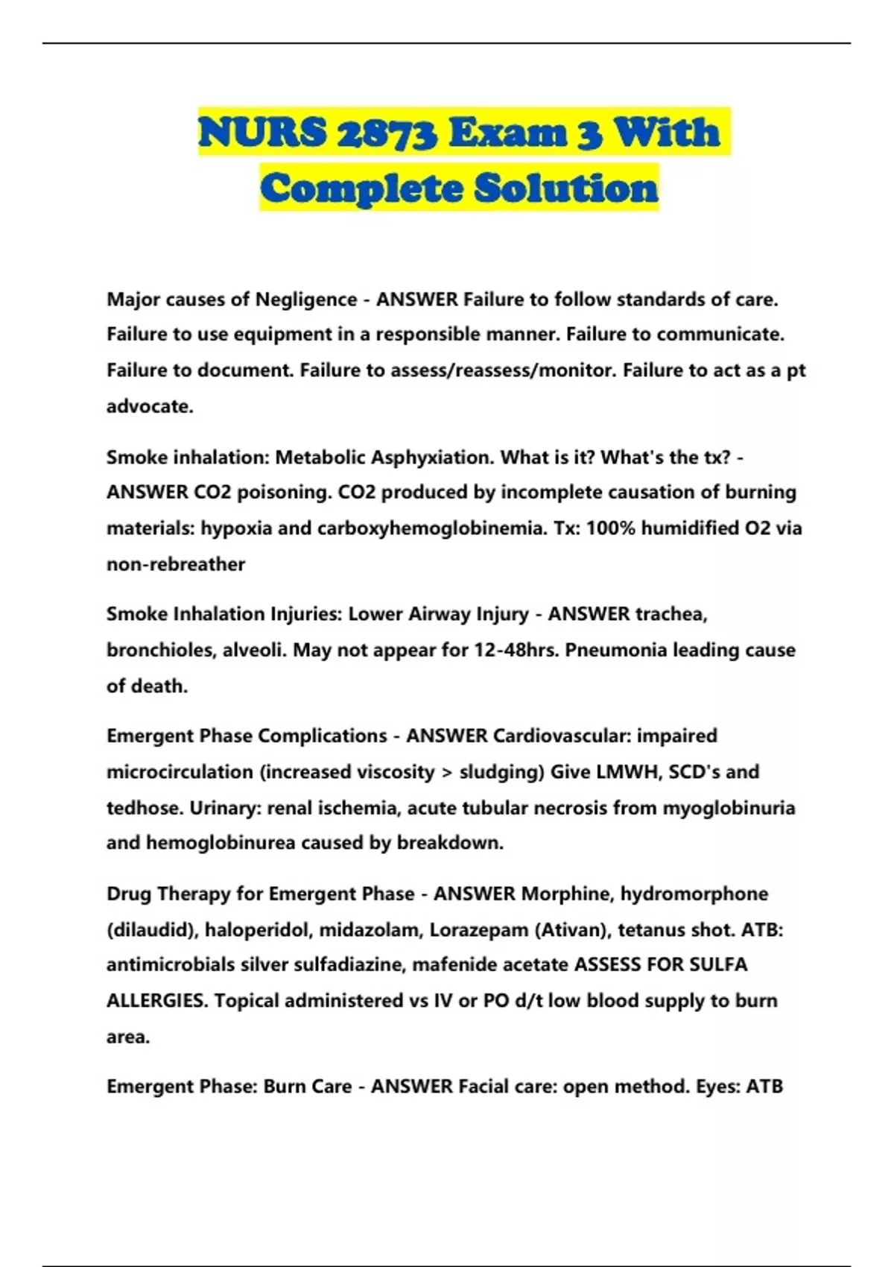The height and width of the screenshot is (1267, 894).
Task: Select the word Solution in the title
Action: (x=566, y=188)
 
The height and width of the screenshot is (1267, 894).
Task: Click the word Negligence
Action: (x=306, y=300)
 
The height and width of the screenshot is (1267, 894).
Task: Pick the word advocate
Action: (x=149, y=406)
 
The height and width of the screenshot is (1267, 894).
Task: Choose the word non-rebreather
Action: (x=176, y=564)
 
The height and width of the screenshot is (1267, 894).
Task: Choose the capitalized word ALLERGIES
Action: (x=156, y=1000)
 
